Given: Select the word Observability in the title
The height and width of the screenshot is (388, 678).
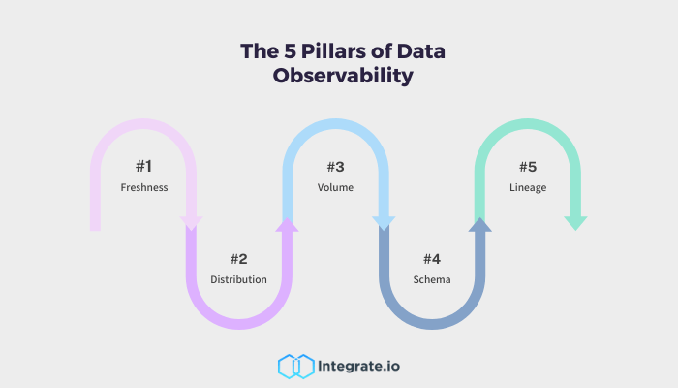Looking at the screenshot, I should pos(338,77).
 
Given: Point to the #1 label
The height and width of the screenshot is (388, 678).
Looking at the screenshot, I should pos(144,166).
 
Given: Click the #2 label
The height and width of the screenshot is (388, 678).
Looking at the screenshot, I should pos(239,259).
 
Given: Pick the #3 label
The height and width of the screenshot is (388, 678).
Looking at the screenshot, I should pos(336,166).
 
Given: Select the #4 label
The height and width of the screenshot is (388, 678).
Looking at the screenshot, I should pos(432,259).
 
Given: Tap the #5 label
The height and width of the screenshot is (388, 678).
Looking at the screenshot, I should pos(528,166).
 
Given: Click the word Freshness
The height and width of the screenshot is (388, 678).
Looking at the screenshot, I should pos(144,187).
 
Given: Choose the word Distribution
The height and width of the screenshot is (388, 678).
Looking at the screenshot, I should pos(239,280).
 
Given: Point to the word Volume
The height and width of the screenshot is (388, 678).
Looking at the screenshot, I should pos(336,187).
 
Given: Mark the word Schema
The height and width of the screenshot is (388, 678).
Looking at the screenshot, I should pos(432,280).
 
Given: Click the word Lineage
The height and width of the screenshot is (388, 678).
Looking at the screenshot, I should pos(528,187).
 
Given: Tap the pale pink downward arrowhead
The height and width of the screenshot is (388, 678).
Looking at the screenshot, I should pos(191,223).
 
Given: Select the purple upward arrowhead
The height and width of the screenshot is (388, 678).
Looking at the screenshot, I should pos(287,225).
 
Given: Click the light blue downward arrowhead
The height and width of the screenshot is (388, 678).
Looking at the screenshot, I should pos(384,223).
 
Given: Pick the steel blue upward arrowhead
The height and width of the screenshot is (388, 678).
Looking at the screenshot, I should pos(479,225).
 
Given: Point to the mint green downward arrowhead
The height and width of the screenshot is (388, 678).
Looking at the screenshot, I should pos(575,223).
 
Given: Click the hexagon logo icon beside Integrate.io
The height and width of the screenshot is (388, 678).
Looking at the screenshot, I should pos(293,366).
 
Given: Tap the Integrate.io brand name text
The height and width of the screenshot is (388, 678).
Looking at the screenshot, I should pos(358,366).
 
